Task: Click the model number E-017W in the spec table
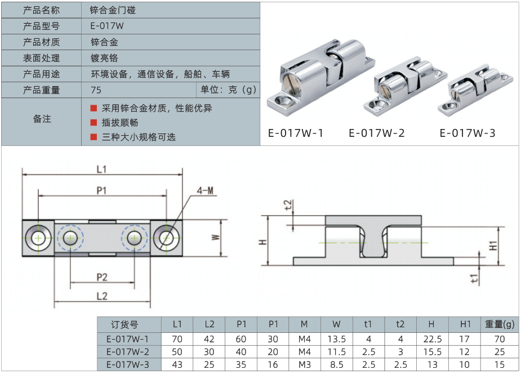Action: coord(106,26)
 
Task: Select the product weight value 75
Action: coord(96,90)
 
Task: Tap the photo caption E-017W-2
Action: coord(376,133)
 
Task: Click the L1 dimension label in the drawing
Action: coord(101,169)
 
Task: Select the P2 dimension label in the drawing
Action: coord(101,277)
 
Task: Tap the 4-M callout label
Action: coord(205,190)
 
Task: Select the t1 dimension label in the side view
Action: coord(474,278)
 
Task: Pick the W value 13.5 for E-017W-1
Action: coord(336,339)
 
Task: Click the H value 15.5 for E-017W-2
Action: coord(431,352)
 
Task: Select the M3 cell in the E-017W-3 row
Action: coord(304,364)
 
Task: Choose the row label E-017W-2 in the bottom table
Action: coord(128,352)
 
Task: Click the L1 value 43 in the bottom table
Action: coord(177,364)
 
